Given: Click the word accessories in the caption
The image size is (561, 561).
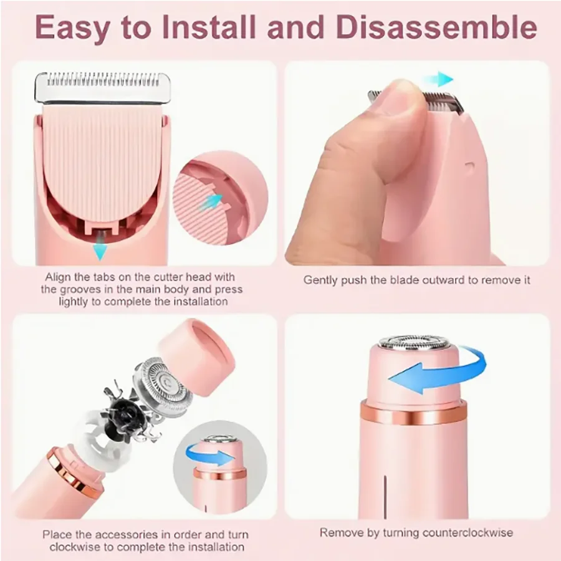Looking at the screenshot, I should point(128,535).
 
